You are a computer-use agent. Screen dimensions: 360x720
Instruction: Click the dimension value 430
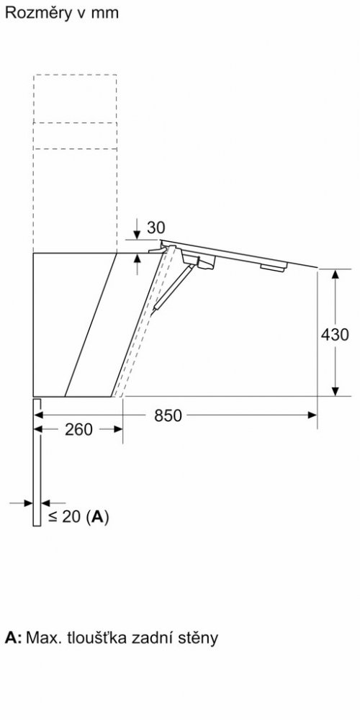pos(335,335)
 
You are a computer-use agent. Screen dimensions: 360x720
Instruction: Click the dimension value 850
pos(168,415)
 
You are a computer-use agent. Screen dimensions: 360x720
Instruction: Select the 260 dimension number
pos(78,430)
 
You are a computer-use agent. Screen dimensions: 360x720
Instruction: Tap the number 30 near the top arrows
pos(156,228)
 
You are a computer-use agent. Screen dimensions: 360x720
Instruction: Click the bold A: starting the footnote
pos(13,638)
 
